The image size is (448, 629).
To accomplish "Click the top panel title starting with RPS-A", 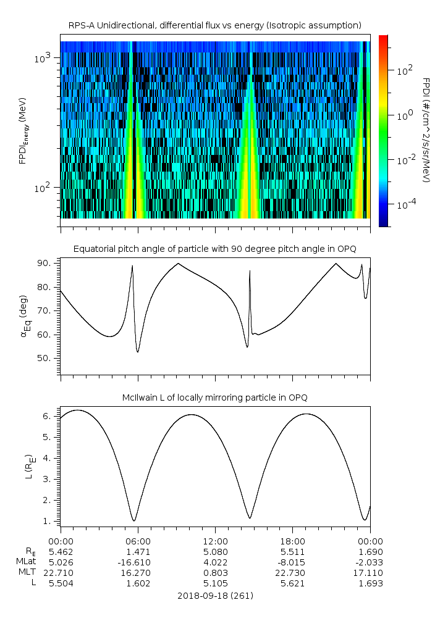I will tap(214, 25).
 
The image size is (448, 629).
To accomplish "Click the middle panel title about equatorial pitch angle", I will tap(214, 249).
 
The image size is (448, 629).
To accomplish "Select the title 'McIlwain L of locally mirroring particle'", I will tap(214, 397).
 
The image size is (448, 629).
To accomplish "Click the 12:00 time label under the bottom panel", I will tap(214, 541).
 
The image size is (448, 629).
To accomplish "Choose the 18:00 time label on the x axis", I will tap(292, 541).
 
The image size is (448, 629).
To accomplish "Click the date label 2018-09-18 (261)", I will tap(214, 596).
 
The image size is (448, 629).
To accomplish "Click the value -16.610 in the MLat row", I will tap(137, 562).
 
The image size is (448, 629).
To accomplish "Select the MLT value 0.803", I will tap(214, 573).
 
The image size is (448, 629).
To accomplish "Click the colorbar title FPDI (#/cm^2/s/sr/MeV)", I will tap(426, 130).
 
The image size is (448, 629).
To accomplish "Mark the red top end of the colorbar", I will tap(384, 38).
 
